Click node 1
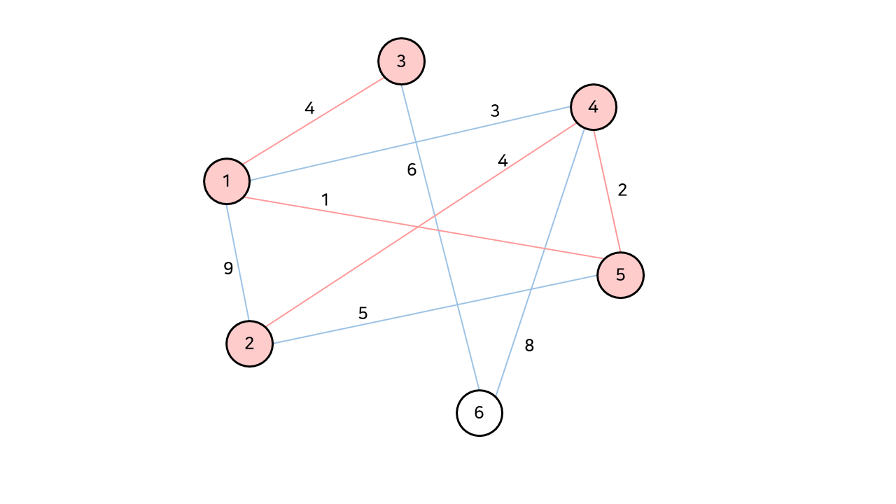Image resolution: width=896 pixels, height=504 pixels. [227, 181]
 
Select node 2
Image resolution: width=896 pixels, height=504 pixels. [249, 344]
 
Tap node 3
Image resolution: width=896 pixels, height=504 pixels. [401, 61]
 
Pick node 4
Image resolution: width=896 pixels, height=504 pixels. [594, 107]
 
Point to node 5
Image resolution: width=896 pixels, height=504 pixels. [620, 274]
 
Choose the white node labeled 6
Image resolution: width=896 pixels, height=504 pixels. [479, 412]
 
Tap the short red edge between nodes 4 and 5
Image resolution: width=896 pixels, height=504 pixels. [607, 190]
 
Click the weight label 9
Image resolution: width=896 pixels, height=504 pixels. [228, 268]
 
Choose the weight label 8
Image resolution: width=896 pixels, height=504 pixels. [529, 345]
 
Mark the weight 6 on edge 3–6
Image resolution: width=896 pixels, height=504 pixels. [412, 169]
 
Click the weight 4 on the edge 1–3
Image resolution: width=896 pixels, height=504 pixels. [309, 108]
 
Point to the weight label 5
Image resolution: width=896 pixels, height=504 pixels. [363, 313]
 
